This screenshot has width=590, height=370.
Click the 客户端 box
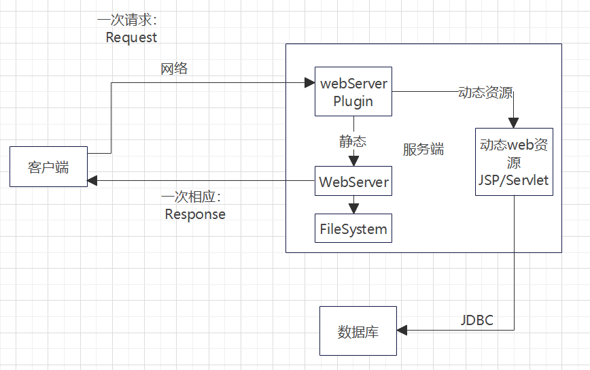click(x=48, y=166)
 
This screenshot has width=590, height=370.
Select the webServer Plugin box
click(x=353, y=92)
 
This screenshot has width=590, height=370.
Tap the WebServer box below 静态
click(x=353, y=182)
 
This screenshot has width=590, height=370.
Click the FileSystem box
click(x=353, y=229)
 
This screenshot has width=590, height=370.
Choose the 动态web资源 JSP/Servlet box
click(x=514, y=163)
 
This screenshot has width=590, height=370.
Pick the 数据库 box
click(x=358, y=331)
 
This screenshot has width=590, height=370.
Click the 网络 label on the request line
click(x=174, y=69)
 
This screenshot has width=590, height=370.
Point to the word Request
click(x=131, y=37)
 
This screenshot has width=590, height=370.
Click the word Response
click(x=195, y=214)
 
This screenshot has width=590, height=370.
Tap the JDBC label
click(x=477, y=320)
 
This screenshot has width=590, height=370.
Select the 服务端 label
click(x=423, y=150)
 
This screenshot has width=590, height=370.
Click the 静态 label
click(x=353, y=141)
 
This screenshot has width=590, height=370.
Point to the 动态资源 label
click(x=485, y=93)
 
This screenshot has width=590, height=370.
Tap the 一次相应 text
click(x=192, y=197)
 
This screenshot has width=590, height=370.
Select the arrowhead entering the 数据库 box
click(x=402, y=331)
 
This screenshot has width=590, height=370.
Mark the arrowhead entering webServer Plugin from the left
click(x=309, y=83)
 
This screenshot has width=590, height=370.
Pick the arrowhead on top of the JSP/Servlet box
click(x=514, y=123)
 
